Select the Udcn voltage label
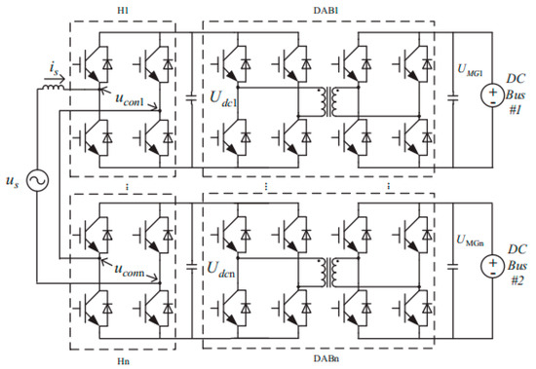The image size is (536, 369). [x=219, y=266]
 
